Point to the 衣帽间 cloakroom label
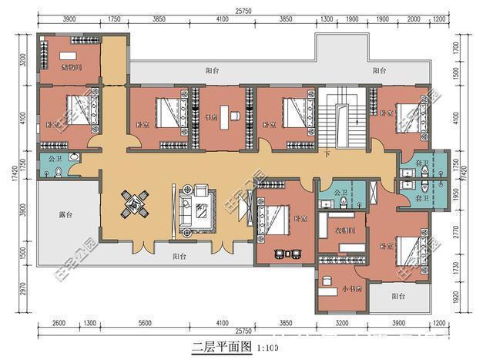(344, 230)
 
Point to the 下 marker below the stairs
(328, 153)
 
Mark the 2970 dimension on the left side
(24, 287)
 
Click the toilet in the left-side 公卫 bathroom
(72, 158)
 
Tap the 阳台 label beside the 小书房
(398, 295)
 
